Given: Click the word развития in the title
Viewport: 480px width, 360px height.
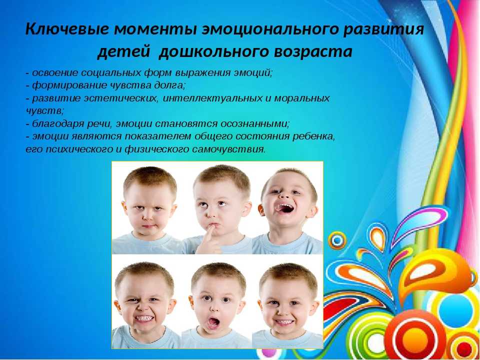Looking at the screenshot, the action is pyautogui.click(x=383, y=29).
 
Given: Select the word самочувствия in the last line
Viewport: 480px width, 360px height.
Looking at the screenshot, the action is pyautogui.click(x=228, y=149).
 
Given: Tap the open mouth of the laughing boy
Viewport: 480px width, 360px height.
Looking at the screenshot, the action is pyautogui.click(x=285, y=208).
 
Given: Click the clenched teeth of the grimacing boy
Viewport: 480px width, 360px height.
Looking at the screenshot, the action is pyautogui.click(x=144, y=318).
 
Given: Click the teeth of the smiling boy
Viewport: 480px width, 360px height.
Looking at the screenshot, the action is pyautogui.click(x=284, y=321).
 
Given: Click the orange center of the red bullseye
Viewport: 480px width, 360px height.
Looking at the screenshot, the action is pyautogui.click(x=415, y=339).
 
